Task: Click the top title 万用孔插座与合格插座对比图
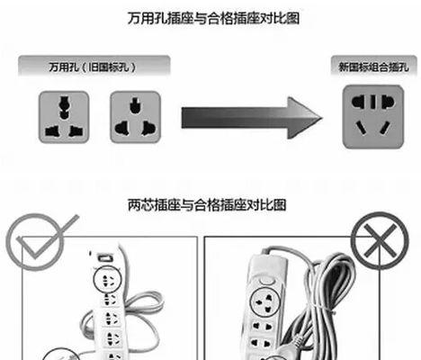point(213,18)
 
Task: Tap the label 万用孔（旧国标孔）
point(93,67)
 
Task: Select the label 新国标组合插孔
point(373,67)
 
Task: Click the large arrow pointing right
point(251,118)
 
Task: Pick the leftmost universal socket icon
point(64,117)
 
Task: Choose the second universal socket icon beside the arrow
point(135,117)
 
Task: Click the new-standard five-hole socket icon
point(373,117)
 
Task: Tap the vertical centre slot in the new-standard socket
point(372,102)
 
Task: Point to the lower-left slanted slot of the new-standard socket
point(361,128)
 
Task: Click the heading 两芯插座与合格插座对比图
point(207,205)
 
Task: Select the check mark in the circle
point(45,237)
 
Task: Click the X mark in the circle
point(380,241)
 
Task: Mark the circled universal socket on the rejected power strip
point(264,301)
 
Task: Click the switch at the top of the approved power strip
point(104,257)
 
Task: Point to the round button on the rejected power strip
point(267,281)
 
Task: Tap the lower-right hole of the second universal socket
point(148,128)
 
